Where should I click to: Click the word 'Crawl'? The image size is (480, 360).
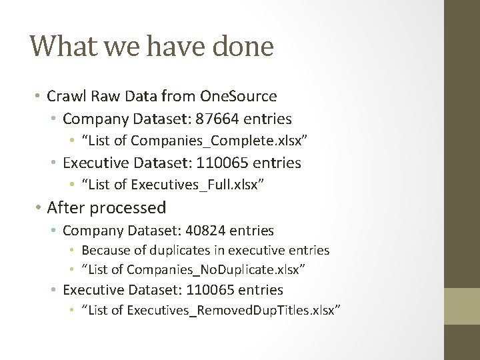coord(65,96)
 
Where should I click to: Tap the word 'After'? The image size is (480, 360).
coord(67,208)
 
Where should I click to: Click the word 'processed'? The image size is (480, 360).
coord(128,209)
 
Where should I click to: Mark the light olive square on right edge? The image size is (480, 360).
coord(462,306)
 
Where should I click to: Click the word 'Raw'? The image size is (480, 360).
coord(102,96)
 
